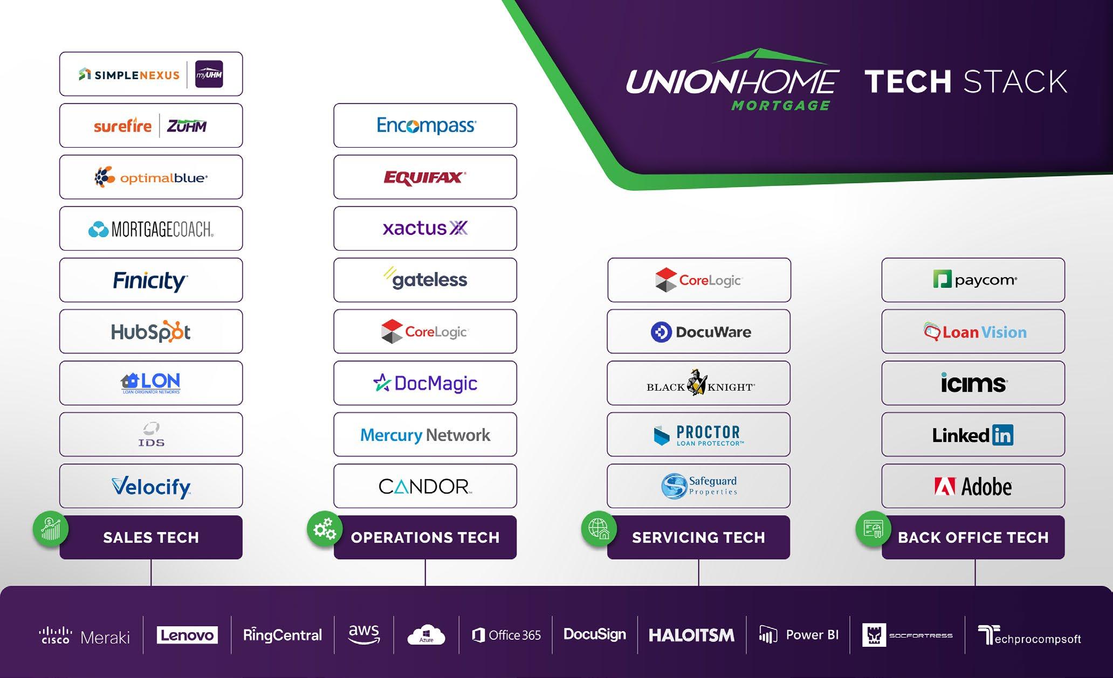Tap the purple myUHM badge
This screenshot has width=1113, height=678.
tap(209, 74)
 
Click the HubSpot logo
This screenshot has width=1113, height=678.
tap(151, 332)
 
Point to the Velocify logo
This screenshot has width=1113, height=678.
tap(151, 487)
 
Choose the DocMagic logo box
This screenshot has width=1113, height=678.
tap(425, 383)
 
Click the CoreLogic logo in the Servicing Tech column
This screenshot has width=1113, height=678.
tap(699, 280)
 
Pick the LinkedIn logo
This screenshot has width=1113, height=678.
tap(973, 435)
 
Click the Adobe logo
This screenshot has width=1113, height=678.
tap(973, 487)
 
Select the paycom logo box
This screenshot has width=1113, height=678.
tap(973, 280)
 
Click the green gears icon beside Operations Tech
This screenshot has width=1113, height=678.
tap(325, 529)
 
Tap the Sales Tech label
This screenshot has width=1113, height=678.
tap(151, 537)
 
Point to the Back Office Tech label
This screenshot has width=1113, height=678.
tap(973, 537)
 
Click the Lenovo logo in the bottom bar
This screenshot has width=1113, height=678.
tap(187, 635)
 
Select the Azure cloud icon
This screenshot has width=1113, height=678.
tap(427, 635)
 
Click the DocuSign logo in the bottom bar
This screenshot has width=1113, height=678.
tap(595, 634)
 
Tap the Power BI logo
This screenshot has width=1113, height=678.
tap(799, 635)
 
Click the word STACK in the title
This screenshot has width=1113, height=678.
tap(1015, 82)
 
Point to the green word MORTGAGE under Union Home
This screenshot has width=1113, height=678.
tap(780, 106)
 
